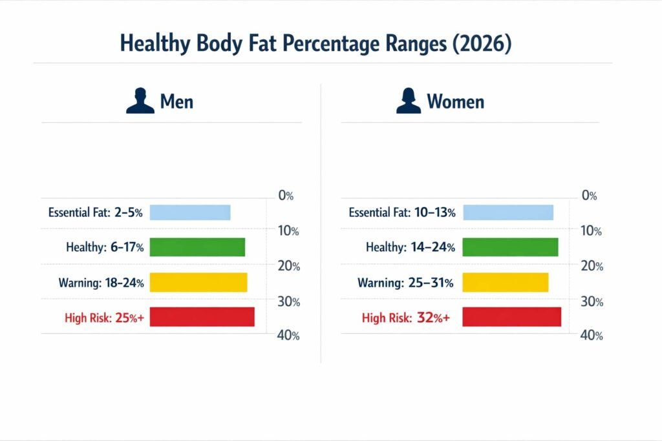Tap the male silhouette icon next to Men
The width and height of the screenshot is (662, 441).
(140, 101)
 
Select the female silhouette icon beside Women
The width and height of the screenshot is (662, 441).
(408, 101)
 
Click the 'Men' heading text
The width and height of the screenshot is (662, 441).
(176, 102)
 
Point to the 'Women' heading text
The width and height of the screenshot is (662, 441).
(455, 102)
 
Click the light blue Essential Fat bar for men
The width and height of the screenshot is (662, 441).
(190, 212)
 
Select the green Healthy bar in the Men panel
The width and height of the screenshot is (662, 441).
(197, 247)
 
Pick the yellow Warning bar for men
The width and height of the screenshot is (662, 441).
(198, 282)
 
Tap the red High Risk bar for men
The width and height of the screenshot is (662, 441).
(202, 317)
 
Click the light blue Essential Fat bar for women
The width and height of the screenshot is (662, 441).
(508, 212)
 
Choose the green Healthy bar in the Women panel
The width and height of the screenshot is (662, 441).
(510, 247)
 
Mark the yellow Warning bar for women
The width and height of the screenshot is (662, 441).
(506, 282)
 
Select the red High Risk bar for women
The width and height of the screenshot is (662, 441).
(512, 317)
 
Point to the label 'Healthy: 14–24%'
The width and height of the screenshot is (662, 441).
(411, 247)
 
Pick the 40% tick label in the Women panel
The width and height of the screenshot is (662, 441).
(592, 336)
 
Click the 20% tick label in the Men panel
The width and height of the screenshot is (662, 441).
(286, 266)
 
